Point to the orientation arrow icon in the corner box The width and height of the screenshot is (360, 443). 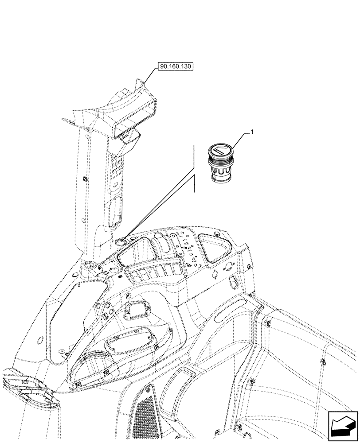(342, 424)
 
